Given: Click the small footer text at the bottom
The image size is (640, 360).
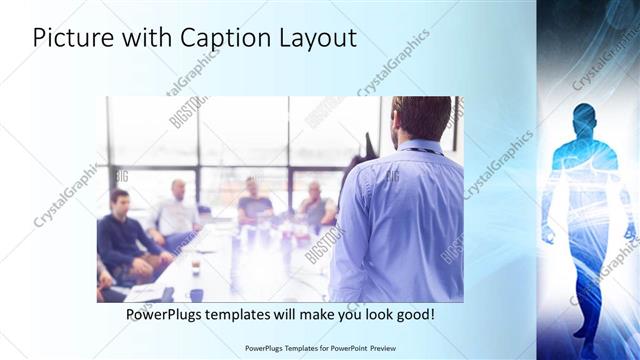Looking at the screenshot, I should pyautogui.click(x=319, y=348).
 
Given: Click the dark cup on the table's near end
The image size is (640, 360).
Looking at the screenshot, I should pyautogui.click(x=196, y=294).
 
